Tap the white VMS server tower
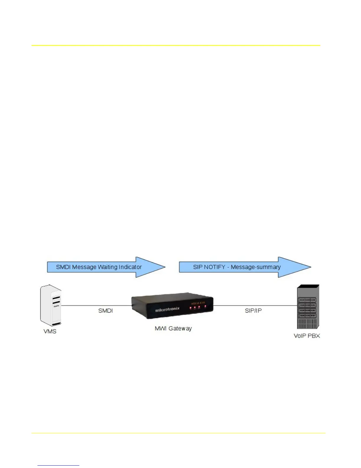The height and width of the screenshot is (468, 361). tap(51, 305)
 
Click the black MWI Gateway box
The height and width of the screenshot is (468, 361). tap(173, 305)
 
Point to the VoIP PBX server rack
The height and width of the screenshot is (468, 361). tap(308, 307)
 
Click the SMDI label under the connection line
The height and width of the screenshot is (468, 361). tap(106, 311)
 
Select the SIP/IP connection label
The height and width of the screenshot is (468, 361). tap(253, 311)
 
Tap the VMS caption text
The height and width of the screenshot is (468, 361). tap(50, 331)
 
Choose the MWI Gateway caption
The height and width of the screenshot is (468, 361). tap(173, 329)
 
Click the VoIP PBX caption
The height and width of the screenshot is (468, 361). tap(307, 336)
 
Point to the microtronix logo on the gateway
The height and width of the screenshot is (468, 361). tap(167, 310)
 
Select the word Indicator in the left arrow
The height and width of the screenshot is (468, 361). tap(130, 267)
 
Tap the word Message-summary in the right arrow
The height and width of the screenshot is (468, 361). tap(255, 267)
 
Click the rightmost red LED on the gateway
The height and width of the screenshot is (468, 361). tap(205, 307)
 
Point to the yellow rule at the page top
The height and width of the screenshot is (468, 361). tap(176, 45)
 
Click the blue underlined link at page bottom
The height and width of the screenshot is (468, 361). tap(58, 465)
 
